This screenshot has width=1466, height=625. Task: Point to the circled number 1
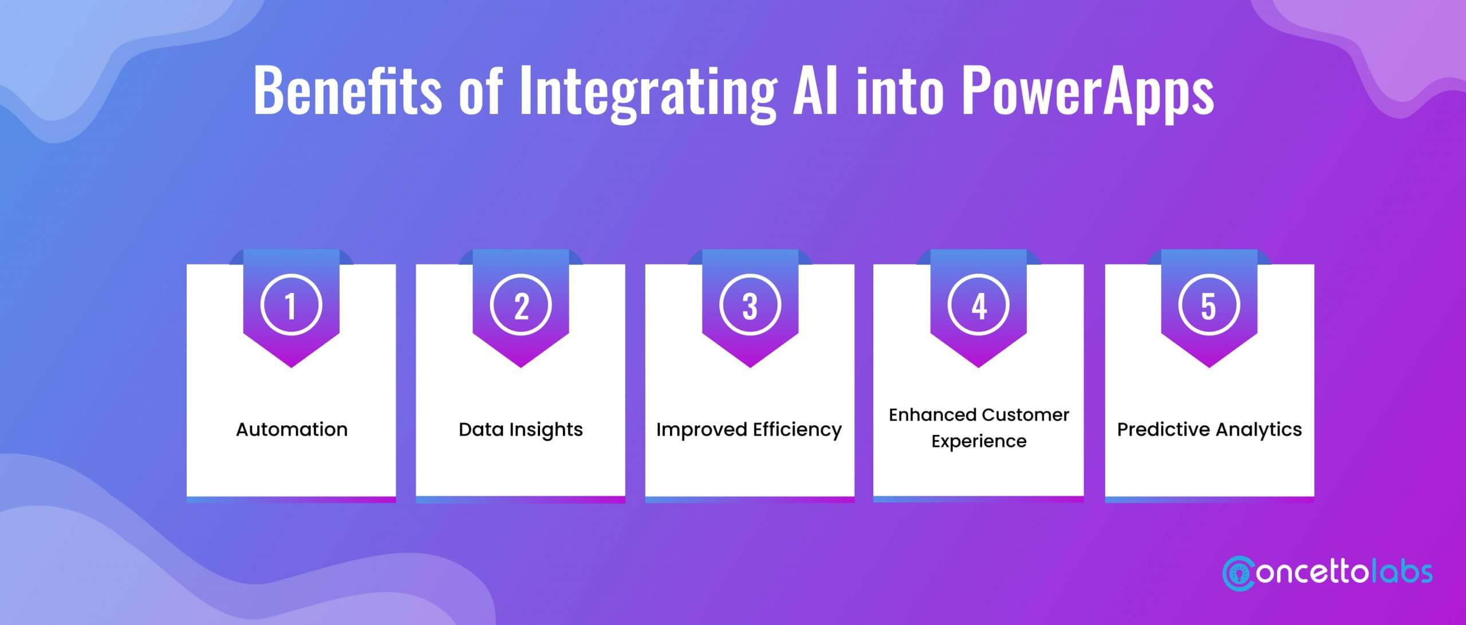tap(291, 305)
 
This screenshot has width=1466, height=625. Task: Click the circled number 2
tap(521, 305)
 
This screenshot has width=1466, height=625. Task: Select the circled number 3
tap(750, 305)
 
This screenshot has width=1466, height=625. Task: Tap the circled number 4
tap(979, 305)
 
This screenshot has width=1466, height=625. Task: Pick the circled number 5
tap(1208, 305)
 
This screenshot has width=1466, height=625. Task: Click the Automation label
tap(291, 429)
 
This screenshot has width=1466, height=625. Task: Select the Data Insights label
tap(521, 430)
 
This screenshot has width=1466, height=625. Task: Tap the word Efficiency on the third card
tap(797, 430)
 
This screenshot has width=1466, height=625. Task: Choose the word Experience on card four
tap(979, 441)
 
